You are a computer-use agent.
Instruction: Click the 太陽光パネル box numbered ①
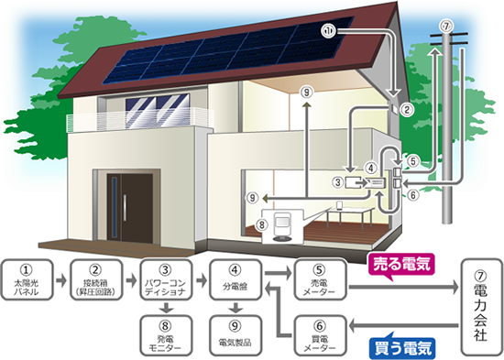31,278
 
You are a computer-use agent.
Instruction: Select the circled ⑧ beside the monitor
262,222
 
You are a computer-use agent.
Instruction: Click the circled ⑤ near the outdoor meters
413,162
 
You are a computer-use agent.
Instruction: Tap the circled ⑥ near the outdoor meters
413,193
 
